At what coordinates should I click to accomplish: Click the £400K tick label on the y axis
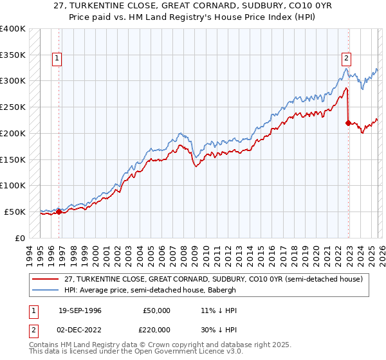click(x=13, y=29)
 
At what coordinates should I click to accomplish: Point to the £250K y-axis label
click(x=13, y=107)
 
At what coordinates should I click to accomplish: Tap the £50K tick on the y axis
click(x=15, y=212)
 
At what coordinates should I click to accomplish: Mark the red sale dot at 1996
click(x=59, y=212)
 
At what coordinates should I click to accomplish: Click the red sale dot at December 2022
click(x=348, y=123)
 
